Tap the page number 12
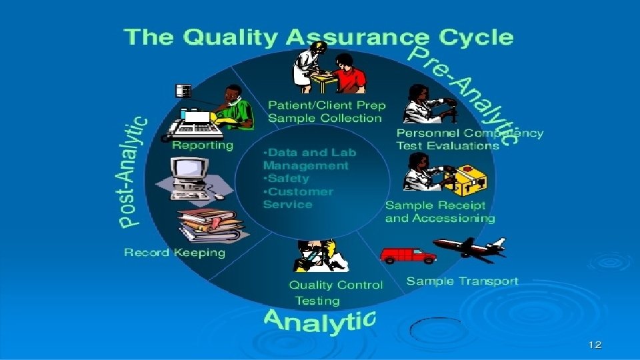pyautogui.click(x=595, y=345)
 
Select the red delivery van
pyautogui.click(x=407, y=254)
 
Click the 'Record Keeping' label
pyautogui.click(x=175, y=253)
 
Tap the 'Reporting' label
pyautogui.click(x=203, y=145)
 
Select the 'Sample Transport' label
pyautogui.click(x=462, y=281)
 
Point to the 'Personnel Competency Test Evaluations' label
pyautogui.click(x=469, y=139)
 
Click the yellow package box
pyautogui.click(x=471, y=178)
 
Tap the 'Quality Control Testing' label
pyautogui.click(x=335, y=292)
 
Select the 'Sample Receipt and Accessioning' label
pyautogui.click(x=439, y=211)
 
